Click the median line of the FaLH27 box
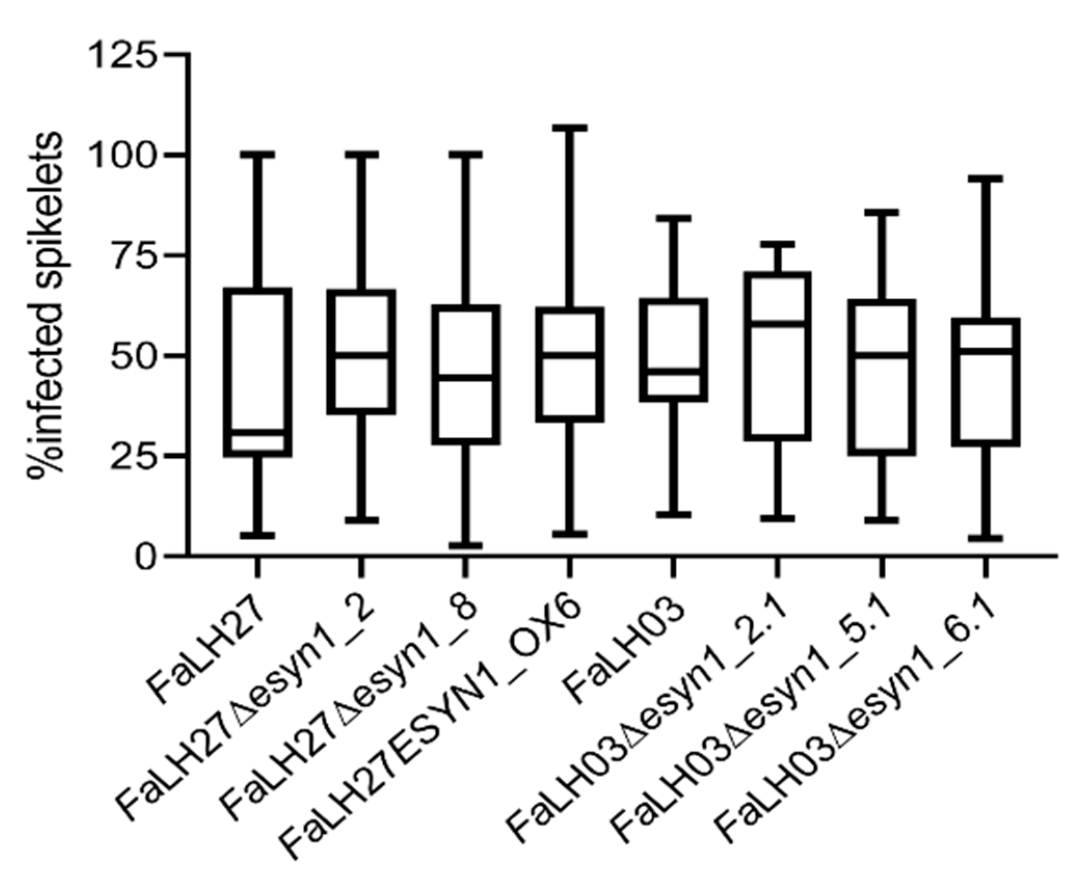tap(258, 432)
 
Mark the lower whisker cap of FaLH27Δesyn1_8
tap(465, 545)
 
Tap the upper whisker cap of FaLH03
tap(674, 218)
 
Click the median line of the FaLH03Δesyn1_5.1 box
tap(881, 356)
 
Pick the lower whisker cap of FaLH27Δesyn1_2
tap(362, 520)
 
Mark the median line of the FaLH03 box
tap(674, 372)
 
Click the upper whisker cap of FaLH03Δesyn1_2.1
tap(777, 244)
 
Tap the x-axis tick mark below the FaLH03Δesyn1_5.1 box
tap(881, 567)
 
